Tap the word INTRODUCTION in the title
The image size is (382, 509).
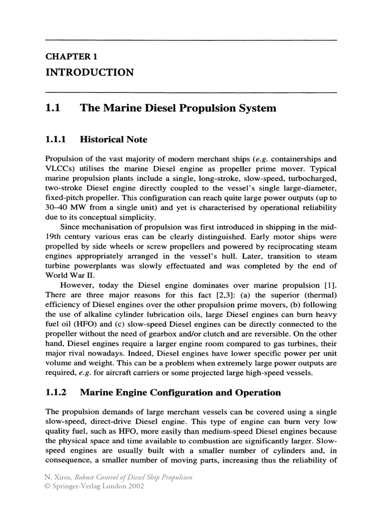(x=90, y=73)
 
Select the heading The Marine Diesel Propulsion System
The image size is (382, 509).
(x=178, y=108)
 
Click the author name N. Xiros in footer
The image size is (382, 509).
(x=60, y=478)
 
